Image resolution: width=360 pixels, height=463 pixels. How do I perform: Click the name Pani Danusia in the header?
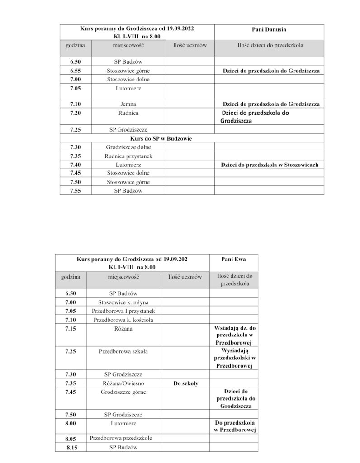click(269, 29)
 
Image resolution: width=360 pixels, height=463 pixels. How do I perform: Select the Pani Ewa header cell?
click(233, 260)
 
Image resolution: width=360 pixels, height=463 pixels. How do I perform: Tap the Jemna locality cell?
click(128, 104)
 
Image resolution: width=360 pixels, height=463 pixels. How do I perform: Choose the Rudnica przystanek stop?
click(128, 156)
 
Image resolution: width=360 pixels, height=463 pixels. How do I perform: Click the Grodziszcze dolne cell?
click(128, 147)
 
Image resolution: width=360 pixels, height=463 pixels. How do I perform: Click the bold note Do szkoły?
click(185, 383)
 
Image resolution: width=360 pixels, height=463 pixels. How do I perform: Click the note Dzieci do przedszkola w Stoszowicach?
click(270, 165)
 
